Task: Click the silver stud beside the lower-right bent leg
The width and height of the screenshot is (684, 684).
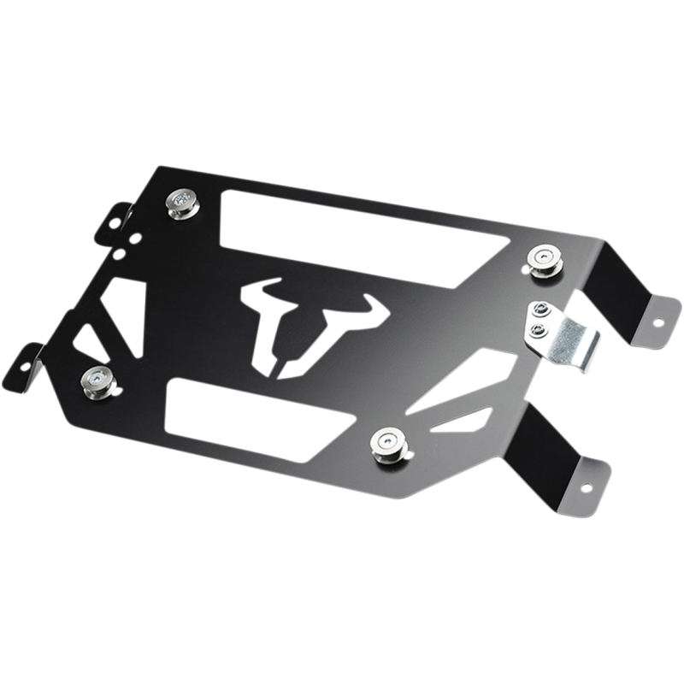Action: point(385,441)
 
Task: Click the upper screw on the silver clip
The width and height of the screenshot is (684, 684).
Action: point(540,310)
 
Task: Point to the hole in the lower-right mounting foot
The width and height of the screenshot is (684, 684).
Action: point(587,484)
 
